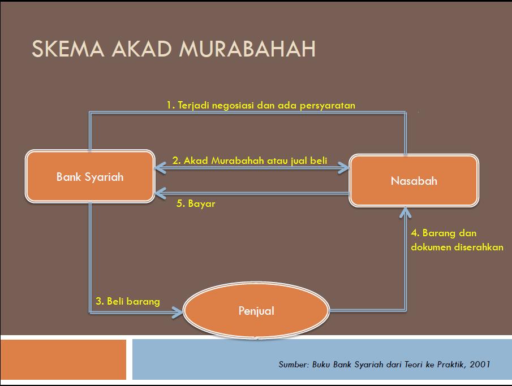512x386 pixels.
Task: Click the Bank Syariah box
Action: [90, 177]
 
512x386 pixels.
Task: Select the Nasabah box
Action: [414, 181]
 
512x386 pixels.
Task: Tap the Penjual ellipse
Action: [257, 310]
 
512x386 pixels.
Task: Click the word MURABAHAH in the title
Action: [247, 49]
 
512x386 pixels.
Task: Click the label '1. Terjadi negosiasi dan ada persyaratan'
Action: [261, 105]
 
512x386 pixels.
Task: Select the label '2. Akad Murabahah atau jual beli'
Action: [249, 161]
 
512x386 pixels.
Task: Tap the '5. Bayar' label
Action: [196, 204]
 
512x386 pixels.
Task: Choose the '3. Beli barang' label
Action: [128, 301]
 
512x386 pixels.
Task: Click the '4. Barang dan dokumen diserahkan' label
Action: [457, 240]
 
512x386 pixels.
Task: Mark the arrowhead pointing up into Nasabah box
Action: [405, 213]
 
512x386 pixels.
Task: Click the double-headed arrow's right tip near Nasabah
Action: [344, 167]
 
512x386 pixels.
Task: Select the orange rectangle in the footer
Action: [63, 359]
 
